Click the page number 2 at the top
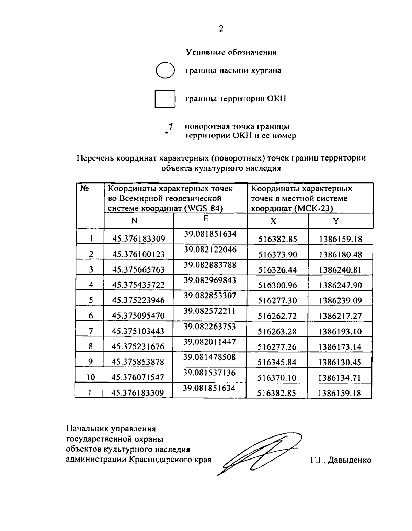click(221, 29)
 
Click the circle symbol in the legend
click(165, 70)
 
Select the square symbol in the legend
click(165, 99)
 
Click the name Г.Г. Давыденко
click(341, 460)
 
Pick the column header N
click(134, 221)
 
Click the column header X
click(273, 221)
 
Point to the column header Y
click(336, 221)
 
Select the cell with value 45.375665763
click(139, 269)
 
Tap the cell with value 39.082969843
click(210, 280)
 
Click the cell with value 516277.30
click(277, 301)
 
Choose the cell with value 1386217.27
click(340, 316)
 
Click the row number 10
click(90, 377)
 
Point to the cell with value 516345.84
click(277, 362)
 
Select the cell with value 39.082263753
click(210, 327)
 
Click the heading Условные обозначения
click(231, 52)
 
